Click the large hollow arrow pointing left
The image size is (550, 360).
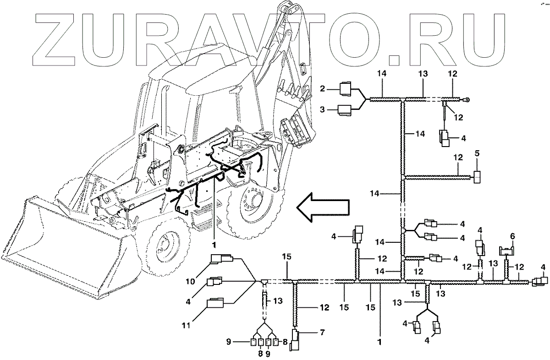pyautogui.click(x=323, y=209)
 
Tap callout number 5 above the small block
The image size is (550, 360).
pyautogui.click(x=477, y=153)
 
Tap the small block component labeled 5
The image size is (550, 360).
pyautogui.click(x=477, y=177)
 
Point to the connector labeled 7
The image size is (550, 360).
pyautogui.click(x=296, y=338)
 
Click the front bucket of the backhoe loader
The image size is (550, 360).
pyautogui.click(x=64, y=247)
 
